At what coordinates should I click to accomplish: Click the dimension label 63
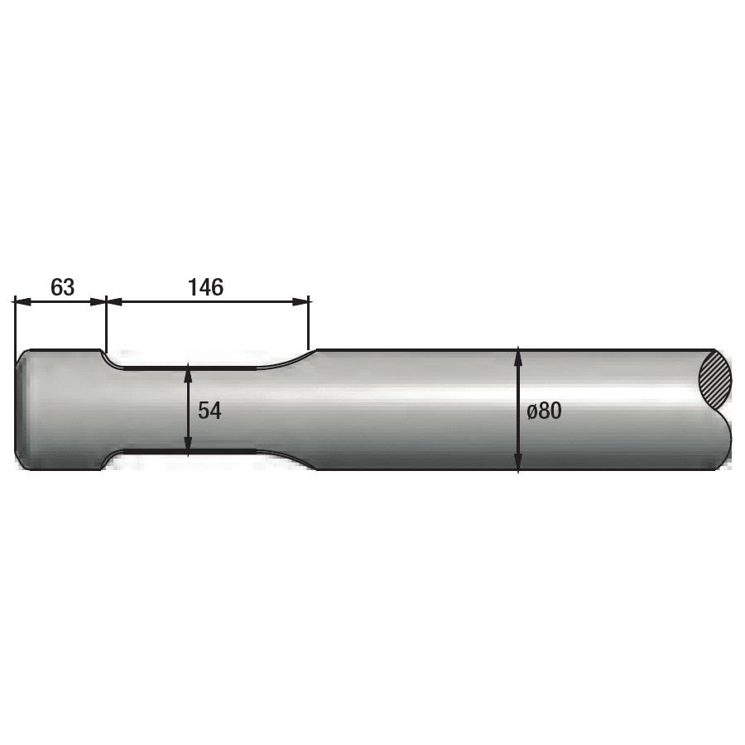click(x=62, y=287)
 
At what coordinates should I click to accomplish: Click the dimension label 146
click(x=206, y=287)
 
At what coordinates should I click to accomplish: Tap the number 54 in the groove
click(x=209, y=411)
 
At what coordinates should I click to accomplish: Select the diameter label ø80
click(x=545, y=411)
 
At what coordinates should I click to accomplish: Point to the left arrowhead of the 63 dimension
click(x=23, y=301)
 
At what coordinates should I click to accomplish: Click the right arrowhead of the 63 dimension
click(x=98, y=301)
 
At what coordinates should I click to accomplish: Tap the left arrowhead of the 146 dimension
click(x=114, y=301)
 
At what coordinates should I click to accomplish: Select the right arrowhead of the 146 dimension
click(x=300, y=301)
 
